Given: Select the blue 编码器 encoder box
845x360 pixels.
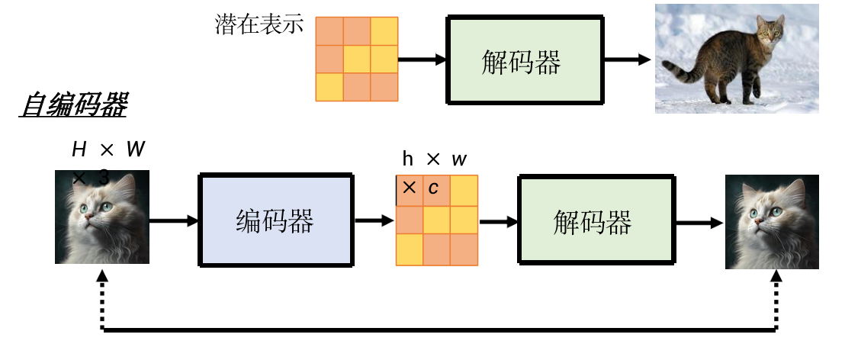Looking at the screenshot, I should tap(275, 220).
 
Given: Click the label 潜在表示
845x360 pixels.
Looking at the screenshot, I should tap(259, 24).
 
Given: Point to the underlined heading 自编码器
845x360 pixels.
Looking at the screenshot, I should tap(73, 106).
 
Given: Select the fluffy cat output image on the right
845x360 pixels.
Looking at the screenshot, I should tap(772, 221).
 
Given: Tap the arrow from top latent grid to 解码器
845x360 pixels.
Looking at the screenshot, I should tap(421, 59).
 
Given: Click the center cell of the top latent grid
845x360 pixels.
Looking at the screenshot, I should tap(356, 59).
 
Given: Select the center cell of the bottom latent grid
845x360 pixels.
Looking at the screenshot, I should tap(436, 220).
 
